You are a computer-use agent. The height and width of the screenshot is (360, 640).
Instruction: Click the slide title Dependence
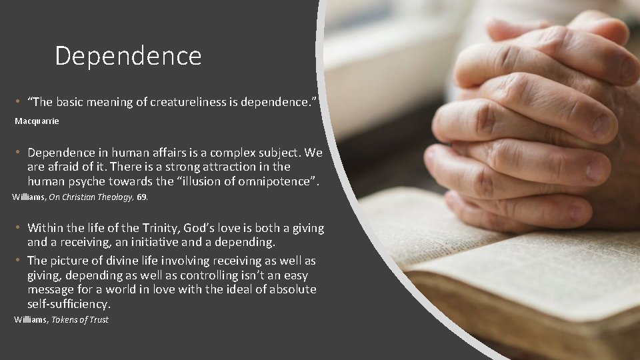(x=128, y=56)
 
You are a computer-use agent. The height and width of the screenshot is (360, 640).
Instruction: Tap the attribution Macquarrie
(x=37, y=121)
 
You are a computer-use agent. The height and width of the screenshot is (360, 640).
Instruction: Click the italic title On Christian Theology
(x=96, y=197)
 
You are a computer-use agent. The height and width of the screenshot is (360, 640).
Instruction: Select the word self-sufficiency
(x=68, y=304)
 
